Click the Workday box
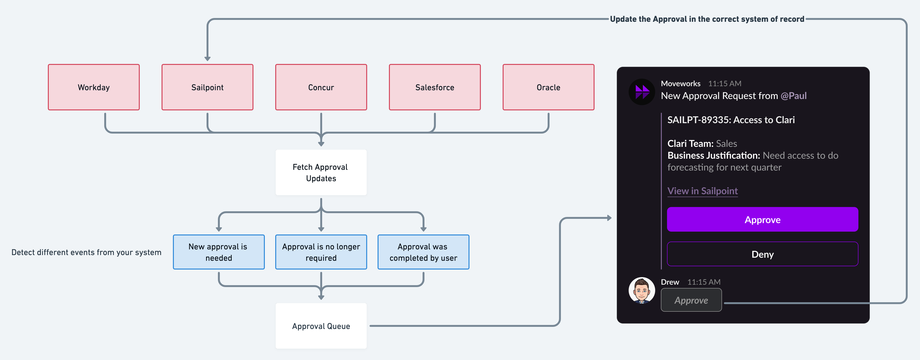click(x=94, y=87)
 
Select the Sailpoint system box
click(x=207, y=87)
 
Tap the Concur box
click(x=321, y=87)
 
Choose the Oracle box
click(x=548, y=87)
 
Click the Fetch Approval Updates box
click(x=321, y=172)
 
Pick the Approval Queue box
click(x=321, y=326)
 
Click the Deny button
click(x=762, y=254)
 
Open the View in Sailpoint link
click(x=702, y=191)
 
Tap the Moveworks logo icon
click(x=641, y=92)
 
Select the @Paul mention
click(x=793, y=96)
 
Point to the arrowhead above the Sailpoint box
click(x=207, y=58)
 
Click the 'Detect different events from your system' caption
click(x=86, y=252)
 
